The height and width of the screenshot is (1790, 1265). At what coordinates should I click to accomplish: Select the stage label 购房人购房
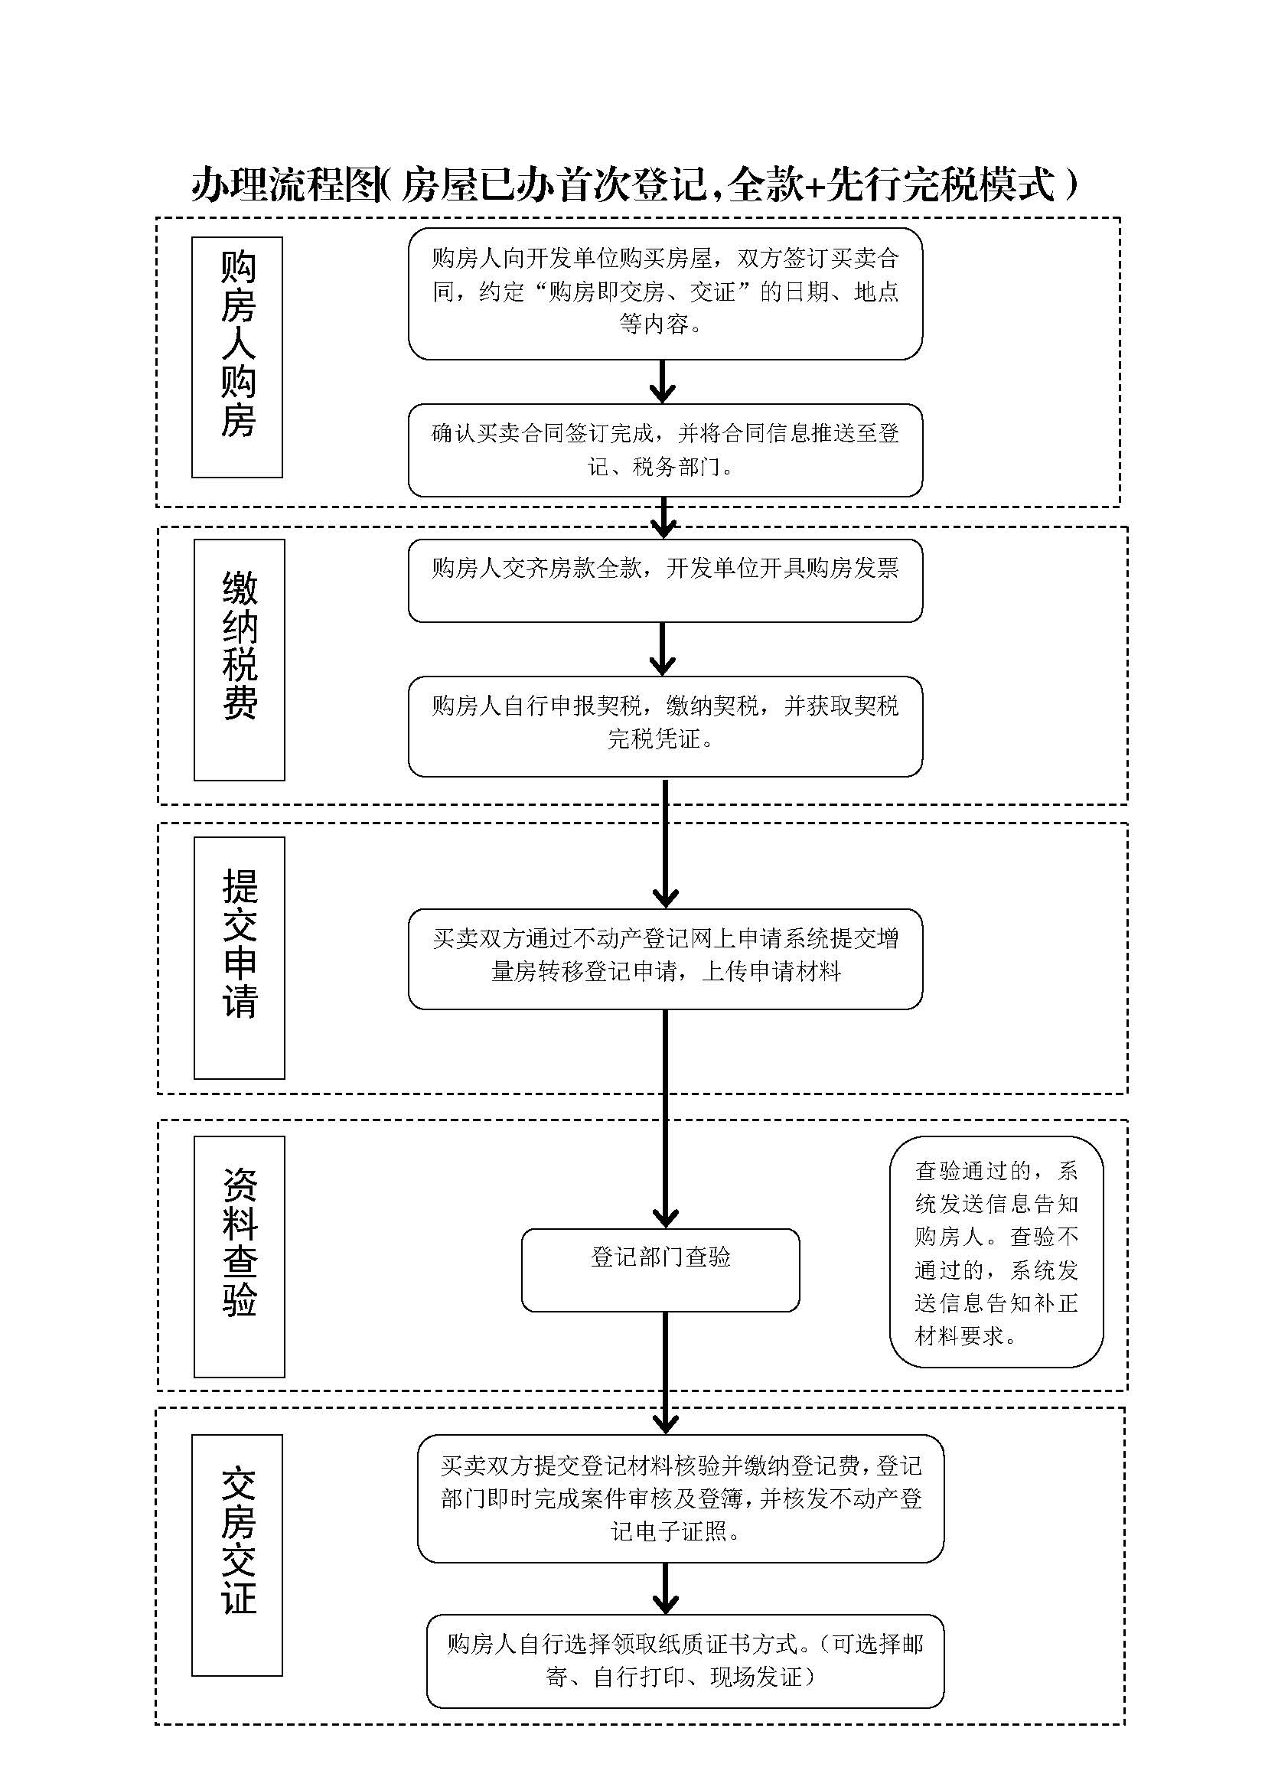pos(238,357)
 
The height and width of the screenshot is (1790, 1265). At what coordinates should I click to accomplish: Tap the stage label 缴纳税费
pos(240,659)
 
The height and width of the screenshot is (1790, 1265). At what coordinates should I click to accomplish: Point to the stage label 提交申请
pos(240,957)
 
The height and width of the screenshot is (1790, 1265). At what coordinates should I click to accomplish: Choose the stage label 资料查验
pos(240,1256)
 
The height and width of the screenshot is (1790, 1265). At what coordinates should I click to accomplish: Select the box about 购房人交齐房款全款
pos(665,580)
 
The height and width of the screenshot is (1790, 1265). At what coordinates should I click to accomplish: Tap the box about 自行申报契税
pos(665,725)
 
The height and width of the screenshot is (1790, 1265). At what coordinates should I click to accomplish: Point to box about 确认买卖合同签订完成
pos(665,450)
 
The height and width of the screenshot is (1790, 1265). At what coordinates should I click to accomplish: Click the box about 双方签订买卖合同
pos(665,293)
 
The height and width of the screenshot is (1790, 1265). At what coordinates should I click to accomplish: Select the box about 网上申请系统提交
pos(665,958)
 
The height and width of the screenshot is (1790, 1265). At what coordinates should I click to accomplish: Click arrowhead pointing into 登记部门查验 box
pos(665,1218)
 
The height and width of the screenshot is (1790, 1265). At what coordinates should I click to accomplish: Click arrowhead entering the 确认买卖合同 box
pos(662,393)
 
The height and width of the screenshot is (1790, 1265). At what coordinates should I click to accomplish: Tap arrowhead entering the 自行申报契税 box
pos(662,666)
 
